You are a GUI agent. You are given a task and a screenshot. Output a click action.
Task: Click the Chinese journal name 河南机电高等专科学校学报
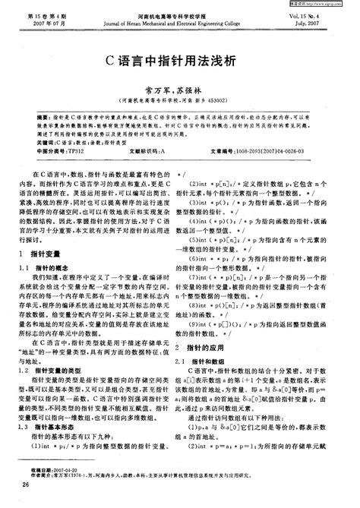(x=179, y=15)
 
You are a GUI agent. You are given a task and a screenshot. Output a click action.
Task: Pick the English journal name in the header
(x=179, y=23)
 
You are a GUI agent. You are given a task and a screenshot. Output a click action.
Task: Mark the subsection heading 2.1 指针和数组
(x=220, y=338)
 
